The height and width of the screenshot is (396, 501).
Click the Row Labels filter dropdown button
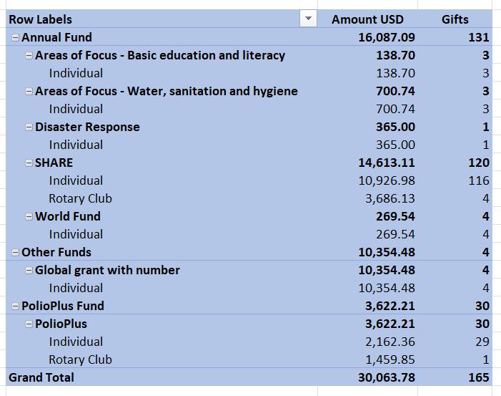coord(308,19)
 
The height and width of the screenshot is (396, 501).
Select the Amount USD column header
coord(367,19)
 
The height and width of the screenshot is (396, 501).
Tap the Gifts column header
coord(455,19)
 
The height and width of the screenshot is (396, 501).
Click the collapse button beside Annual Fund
coord(15,37)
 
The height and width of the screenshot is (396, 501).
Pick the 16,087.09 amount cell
coord(387,37)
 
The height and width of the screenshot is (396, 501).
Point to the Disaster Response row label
coord(87,127)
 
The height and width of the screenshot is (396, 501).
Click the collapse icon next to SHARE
coord(29,163)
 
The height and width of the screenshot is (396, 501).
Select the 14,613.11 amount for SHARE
coord(387,163)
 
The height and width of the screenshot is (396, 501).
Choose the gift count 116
coord(479,181)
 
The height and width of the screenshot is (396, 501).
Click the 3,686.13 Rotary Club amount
coord(390,199)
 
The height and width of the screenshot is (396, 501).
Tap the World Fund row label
coord(68,217)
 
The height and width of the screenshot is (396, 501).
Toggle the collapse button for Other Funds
coord(15,253)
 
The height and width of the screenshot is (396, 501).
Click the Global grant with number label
coord(107,271)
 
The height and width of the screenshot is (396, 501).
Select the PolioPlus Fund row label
coord(63,306)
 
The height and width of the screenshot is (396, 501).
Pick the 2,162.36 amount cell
coord(390,342)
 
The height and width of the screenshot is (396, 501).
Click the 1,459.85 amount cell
coord(390,359)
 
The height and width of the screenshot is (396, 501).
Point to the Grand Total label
coord(41,378)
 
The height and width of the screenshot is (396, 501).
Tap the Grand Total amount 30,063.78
coord(387,378)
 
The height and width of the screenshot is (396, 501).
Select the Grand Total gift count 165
coord(479,378)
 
